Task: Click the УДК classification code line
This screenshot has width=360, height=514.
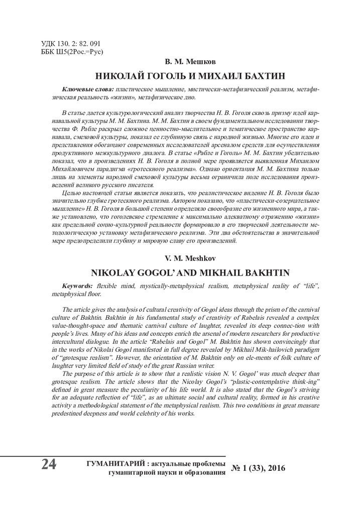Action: click(x=71, y=44)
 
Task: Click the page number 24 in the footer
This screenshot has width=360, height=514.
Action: click(x=49, y=465)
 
